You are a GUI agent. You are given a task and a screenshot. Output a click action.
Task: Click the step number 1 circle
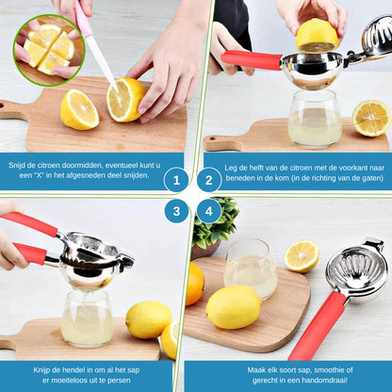click(176, 180)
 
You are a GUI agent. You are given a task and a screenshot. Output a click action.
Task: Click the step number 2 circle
click(209, 180)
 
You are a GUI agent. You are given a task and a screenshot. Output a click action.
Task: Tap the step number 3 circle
click(176, 210)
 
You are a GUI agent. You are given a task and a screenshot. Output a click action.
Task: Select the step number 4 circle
click(209, 210)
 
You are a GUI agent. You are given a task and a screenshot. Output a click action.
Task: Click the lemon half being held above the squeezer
click(317, 35)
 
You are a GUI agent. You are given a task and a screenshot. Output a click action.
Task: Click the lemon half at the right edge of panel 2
click(372, 117)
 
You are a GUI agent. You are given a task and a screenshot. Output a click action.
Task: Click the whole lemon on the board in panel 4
click(233, 306)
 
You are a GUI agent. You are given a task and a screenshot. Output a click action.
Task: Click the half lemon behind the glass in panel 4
click(302, 256)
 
